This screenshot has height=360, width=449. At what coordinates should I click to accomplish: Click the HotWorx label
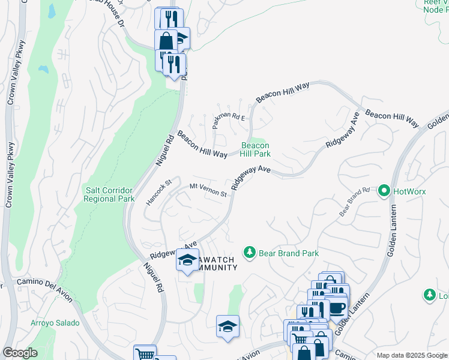pyautogui.click(x=408, y=191)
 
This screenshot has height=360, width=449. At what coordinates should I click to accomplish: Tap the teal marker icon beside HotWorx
pyautogui.click(x=384, y=191)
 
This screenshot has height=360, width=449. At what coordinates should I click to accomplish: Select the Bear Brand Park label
pyautogui.click(x=288, y=253)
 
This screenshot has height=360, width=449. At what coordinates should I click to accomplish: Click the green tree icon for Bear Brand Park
pyautogui.click(x=250, y=253)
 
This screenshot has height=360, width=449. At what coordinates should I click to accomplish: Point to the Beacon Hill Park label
pyautogui.click(x=255, y=149)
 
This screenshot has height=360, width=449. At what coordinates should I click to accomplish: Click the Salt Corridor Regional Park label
pyautogui.click(x=109, y=194)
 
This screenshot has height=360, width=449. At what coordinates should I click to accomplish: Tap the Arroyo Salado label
pyautogui.click(x=55, y=323)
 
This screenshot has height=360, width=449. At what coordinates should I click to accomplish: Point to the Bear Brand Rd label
pyautogui.click(x=354, y=202)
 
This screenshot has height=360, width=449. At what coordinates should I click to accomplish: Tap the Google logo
pyautogui.click(x=20, y=353)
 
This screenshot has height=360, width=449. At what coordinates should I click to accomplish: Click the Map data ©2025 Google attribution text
pyautogui.click(x=411, y=355)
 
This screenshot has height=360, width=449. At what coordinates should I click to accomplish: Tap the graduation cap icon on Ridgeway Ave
pyautogui.click(x=187, y=260)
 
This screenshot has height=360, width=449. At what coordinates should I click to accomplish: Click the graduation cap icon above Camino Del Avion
pyautogui.click(x=228, y=326)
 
